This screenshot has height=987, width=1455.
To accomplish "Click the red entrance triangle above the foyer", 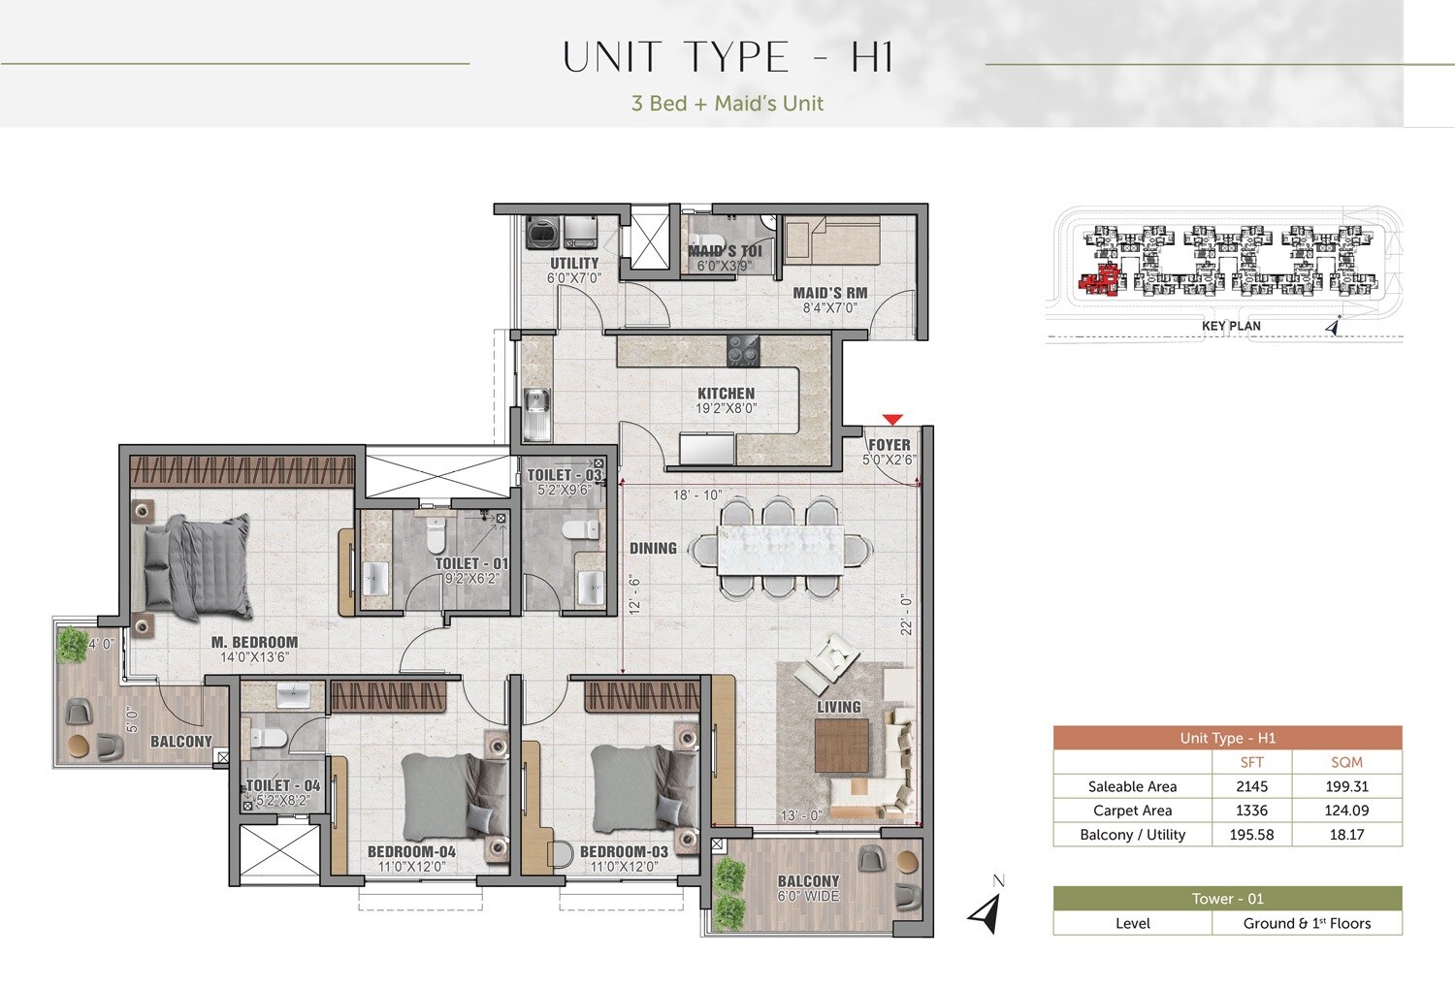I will (892, 420).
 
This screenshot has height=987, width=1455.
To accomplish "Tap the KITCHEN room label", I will (726, 394).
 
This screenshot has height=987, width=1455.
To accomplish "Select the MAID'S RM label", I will (829, 293).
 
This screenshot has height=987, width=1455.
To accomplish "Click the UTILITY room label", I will (574, 263).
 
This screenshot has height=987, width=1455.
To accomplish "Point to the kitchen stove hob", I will (744, 350).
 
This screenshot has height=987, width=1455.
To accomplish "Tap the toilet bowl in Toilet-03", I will (581, 529).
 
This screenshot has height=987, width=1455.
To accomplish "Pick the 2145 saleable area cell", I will (1251, 786).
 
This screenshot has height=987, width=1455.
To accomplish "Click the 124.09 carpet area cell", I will (1346, 811).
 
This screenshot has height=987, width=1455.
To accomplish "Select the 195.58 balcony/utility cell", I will (1251, 835).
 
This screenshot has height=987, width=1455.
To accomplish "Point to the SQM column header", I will (1346, 762).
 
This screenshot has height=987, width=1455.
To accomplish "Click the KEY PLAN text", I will (1231, 326).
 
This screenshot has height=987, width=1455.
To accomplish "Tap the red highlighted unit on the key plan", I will (1099, 280).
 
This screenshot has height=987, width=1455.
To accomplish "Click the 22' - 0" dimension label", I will (907, 615).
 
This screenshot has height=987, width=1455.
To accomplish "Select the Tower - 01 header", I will (1227, 899).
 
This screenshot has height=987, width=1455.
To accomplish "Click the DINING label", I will (653, 549).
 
